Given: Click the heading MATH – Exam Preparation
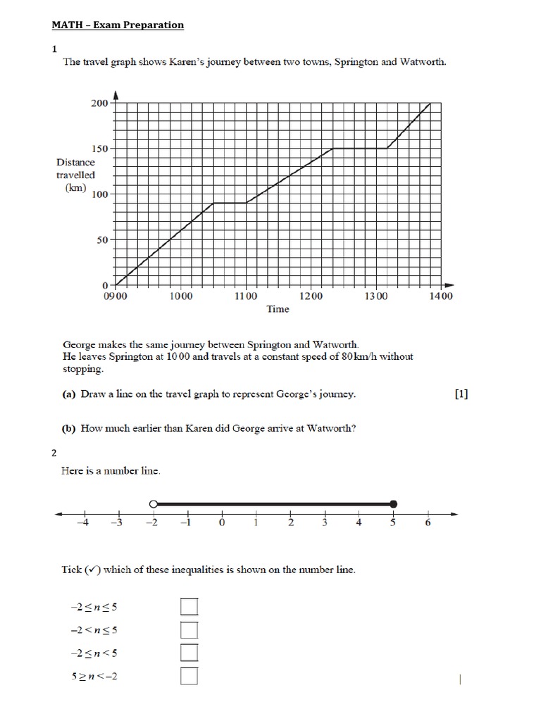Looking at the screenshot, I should point(118,25).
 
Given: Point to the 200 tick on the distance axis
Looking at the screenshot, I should point(99,104).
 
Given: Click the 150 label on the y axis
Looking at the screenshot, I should point(99,149).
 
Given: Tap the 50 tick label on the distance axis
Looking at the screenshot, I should point(102,240).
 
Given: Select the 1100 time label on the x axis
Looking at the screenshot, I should point(246,296).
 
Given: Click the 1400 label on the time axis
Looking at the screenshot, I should point(441,296).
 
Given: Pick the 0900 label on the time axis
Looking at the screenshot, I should point(116,296).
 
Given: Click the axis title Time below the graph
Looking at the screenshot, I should point(278,309).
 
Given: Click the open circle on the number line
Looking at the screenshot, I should point(153,503).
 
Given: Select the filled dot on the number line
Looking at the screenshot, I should point(394,503).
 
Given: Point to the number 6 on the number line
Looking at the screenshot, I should point(428,523).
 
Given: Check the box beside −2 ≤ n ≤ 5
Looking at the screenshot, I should point(189,606).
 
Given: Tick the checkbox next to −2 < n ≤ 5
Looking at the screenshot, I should point(189,629).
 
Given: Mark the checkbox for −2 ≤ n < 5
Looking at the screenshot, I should point(189,653).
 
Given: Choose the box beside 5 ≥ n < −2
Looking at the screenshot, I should point(189,676).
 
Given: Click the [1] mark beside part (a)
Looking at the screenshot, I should point(461,394).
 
